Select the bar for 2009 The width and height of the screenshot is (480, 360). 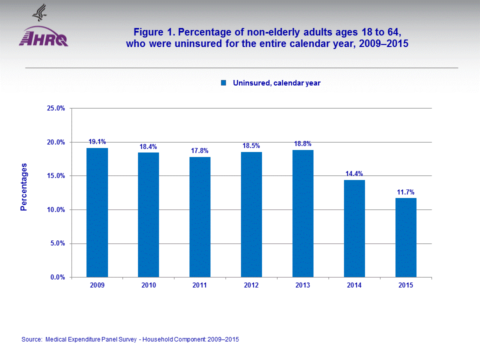click(x=97, y=212)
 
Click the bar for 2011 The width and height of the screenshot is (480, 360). click(x=200, y=217)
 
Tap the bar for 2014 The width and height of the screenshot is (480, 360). click(x=354, y=228)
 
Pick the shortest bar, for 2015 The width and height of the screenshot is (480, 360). click(x=406, y=237)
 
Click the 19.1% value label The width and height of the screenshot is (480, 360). click(x=97, y=142)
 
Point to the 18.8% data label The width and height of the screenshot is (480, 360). click(x=303, y=143)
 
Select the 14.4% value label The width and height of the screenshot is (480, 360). click(x=354, y=174)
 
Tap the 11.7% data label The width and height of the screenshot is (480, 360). click(x=406, y=192)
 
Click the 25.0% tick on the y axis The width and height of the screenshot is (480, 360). click(x=56, y=108)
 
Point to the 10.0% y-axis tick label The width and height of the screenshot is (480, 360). click(x=56, y=210)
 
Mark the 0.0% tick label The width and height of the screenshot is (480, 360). click(x=57, y=277)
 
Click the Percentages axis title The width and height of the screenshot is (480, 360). click(x=24, y=187)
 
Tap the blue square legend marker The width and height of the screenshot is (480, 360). click(x=224, y=83)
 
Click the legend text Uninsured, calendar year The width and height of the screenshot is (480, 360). click(x=276, y=83)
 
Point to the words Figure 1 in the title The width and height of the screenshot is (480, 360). click(x=153, y=32)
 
